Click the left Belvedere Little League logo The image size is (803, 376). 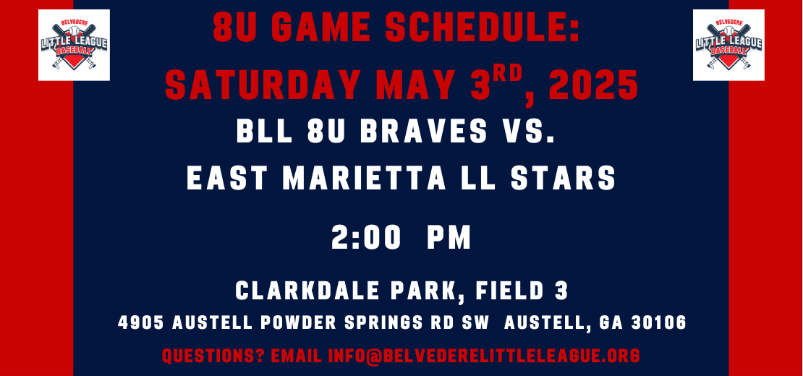tap(74, 45)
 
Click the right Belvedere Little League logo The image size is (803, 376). tap(728, 45)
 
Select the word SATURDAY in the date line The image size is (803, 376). tap(262, 85)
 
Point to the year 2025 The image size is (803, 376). tap(594, 85)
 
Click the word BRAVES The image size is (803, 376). tap(424, 132)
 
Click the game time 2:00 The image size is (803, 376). tap(365, 238)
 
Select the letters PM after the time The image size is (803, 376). tap(449, 238)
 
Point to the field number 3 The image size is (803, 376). tap(562, 291)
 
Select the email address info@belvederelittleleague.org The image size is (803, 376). tap(484, 356)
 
